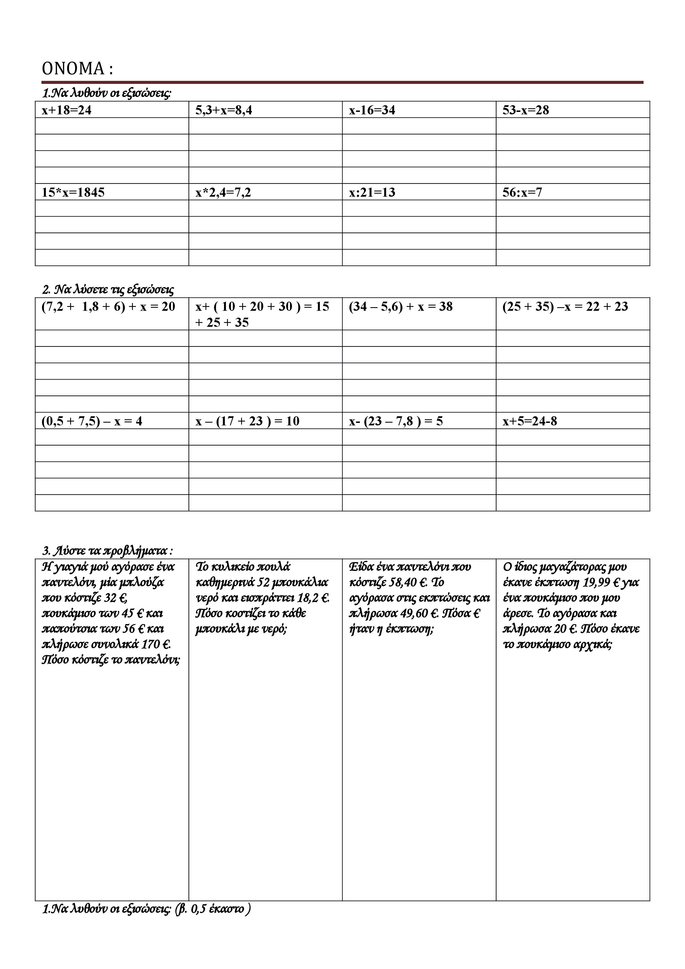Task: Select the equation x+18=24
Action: point(66,110)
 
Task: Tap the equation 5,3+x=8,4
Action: point(224,110)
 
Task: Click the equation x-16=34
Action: point(372,110)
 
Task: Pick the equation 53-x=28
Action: point(525,110)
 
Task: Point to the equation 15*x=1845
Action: point(73,193)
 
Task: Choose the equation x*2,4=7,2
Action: point(223,193)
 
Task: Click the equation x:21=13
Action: point(372,193)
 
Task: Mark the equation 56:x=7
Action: point(522,193)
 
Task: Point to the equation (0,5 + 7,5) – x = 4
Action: point(92,421)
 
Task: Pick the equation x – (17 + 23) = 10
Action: point(247,421)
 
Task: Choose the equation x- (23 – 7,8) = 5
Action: point(396,421)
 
